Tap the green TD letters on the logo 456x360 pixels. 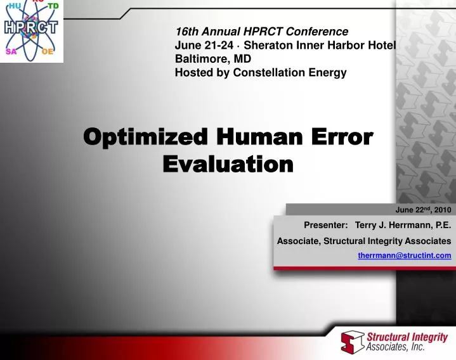pyautogui.click(x=55, y=6)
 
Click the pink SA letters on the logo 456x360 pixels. pyautogui.click(x=11, y=53)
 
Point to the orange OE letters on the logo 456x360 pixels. pyautogui.click(x=48, y=53)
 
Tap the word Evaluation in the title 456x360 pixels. pyautogui.click(x=228, y=165)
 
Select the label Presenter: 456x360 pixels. pyautogui.click(x=325, y=225)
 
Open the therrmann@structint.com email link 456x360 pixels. pyautogui.click(x=404, y=255)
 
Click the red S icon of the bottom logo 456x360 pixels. pyautogui.click(x=353, y=342)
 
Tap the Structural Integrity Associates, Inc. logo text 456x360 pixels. pyautogui.click(x=407, y=342)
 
